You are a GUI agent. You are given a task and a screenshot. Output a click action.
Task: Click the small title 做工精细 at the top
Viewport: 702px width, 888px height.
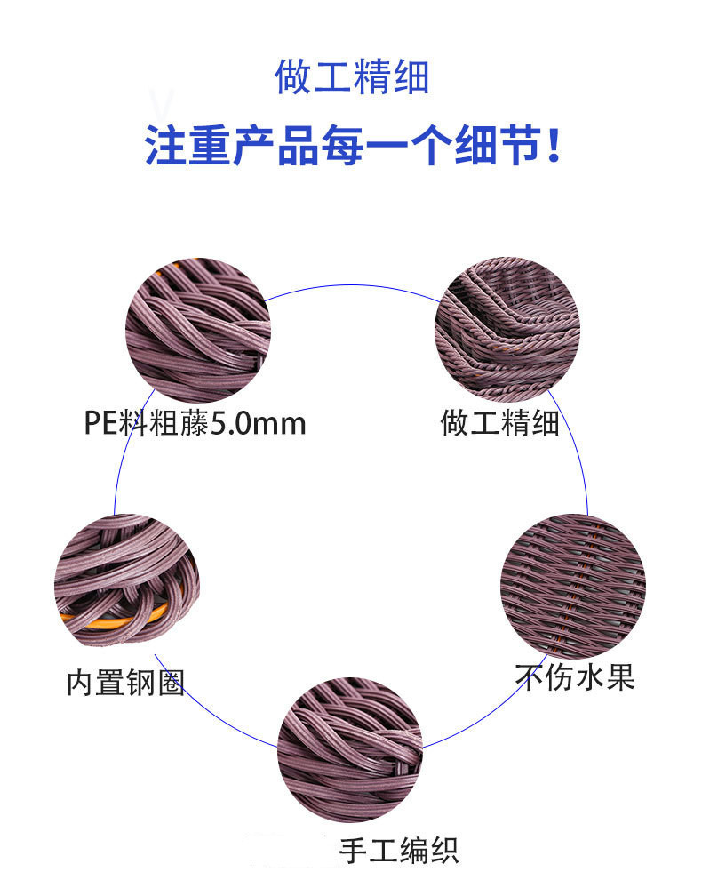coord(352,77)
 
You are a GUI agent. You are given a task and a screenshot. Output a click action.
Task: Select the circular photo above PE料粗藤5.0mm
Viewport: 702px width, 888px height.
coord(196,330)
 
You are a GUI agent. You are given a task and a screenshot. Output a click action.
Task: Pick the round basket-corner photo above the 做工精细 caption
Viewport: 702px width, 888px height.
coord(507,330)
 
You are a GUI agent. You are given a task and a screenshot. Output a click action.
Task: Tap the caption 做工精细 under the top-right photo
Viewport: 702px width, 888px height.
coord(499,421)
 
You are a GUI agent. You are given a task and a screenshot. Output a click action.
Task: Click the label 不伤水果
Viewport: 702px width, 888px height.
coord(575,678)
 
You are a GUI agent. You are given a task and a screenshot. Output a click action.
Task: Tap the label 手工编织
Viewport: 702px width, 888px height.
coord(399,850)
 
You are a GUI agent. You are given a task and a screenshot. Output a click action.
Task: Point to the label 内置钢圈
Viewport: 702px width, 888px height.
coord(125,683)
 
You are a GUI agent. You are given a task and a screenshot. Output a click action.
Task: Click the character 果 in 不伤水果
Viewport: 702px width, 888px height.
coord(620,678)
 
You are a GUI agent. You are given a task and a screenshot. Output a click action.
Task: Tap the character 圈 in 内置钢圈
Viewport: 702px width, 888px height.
coord(171,683)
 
